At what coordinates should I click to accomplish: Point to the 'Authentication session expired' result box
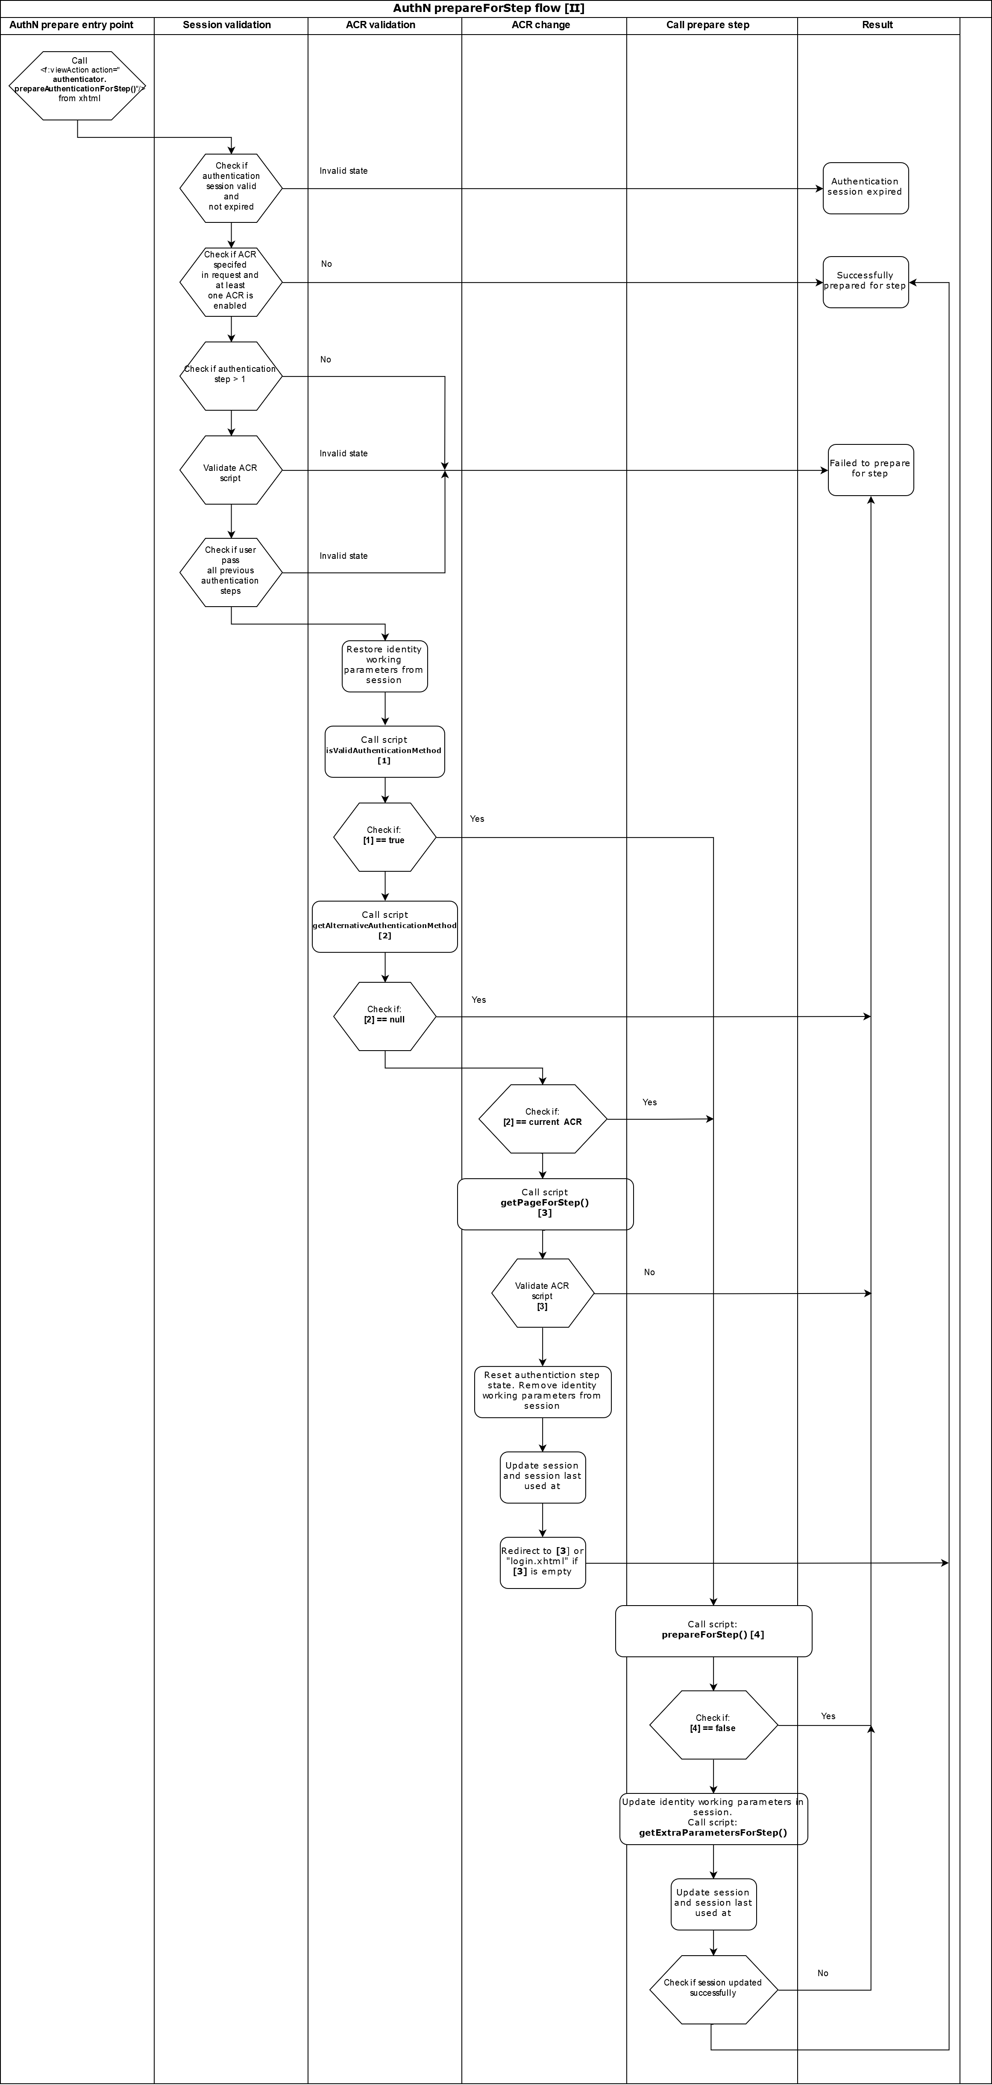point(865,188)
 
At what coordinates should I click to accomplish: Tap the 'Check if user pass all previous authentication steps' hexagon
point(231,572)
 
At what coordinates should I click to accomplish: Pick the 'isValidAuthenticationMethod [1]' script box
point(384,751)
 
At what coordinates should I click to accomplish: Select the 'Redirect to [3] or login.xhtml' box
point(542,1562)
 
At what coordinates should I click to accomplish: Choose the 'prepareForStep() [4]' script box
point(713,1631)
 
